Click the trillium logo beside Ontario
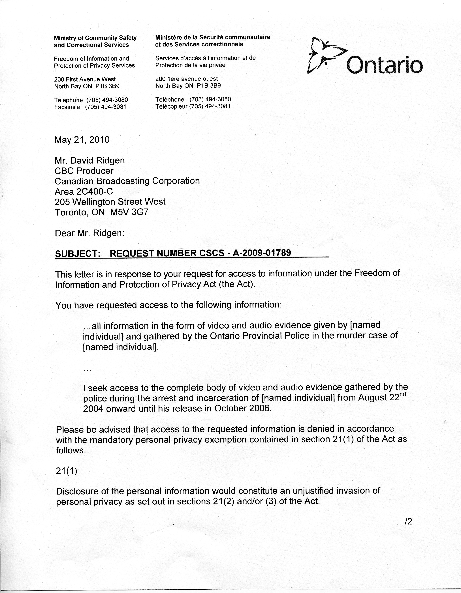tap(326, 56)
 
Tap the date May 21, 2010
tap(82, 140)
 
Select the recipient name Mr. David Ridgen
tap(90, 160)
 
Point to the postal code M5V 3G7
tap(130, 212)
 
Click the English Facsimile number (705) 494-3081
tap(106, 107)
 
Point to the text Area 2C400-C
tap(84, 192)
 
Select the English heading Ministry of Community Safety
tap(95, 38)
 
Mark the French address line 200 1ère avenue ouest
tap(186, 79)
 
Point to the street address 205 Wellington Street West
tap(110, 202)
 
